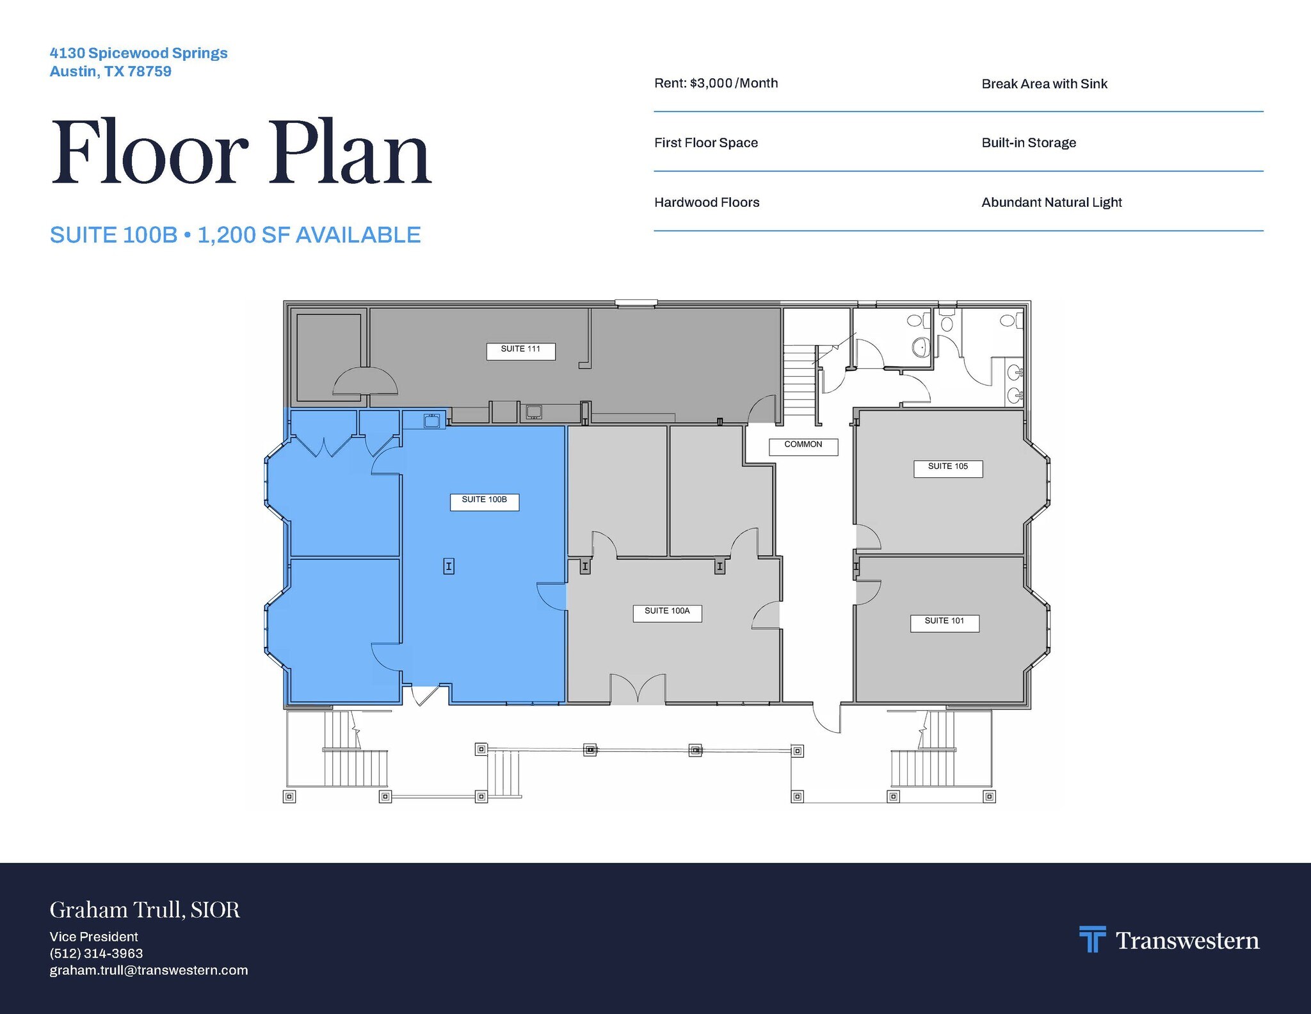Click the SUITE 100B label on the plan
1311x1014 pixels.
click(485, 502)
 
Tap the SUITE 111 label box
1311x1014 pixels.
click(520, 351)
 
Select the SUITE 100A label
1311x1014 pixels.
click(667, 613)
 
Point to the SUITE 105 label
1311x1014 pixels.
click(948, 468)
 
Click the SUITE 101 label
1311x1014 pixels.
click(945, 623)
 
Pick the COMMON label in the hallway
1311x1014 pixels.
click(803, 446)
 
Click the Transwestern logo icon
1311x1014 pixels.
click(1092, 939)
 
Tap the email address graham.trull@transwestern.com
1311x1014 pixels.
click(149, 970)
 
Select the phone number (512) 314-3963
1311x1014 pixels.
click(96, 953)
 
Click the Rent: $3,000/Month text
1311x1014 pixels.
click(716, 83)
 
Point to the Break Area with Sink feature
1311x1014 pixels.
click(1044, 84)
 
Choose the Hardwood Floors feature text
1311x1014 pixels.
click(707, 202)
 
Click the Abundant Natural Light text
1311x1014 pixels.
click(1052, 202)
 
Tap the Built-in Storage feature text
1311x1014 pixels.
click(1029, 143)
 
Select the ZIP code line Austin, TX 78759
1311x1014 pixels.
click(111, 71)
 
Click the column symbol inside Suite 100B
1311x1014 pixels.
click(449, 566)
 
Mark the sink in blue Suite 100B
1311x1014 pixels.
click(431, 420)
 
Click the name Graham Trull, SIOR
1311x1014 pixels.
click(145, 910)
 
